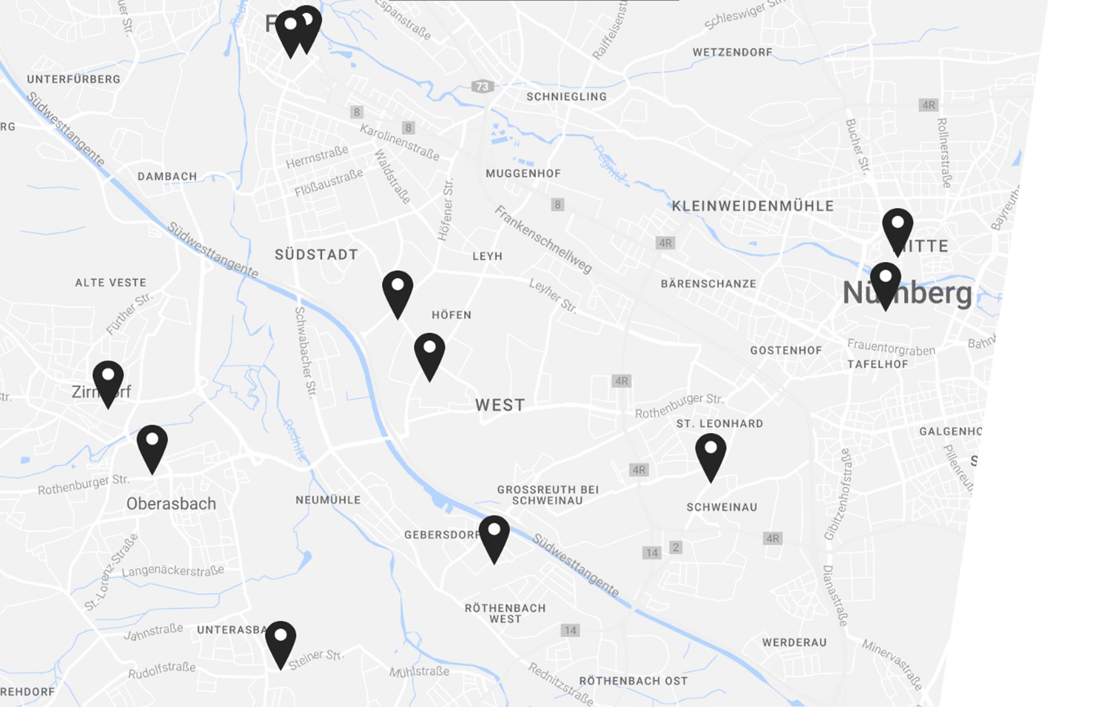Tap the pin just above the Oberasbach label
(x=152, y=444)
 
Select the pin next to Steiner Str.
(x=280, y=640)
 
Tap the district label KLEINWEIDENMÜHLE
(x=753, y=206)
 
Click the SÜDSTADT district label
(x=316, y=254)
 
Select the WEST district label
(x=500, y=405)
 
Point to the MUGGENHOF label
(x=523, y=174)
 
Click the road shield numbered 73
(x=483, y=87)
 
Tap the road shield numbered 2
(x=675, y=547)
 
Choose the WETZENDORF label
(x=732, y=52)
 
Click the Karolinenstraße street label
(x=400, y=142)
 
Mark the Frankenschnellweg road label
(x=543, y=239)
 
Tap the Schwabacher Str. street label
(x=305, y=352)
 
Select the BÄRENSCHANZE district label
(x=708, y=284)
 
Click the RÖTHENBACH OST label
(x=633, y=681)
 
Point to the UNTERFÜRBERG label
(x=74, y=80)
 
